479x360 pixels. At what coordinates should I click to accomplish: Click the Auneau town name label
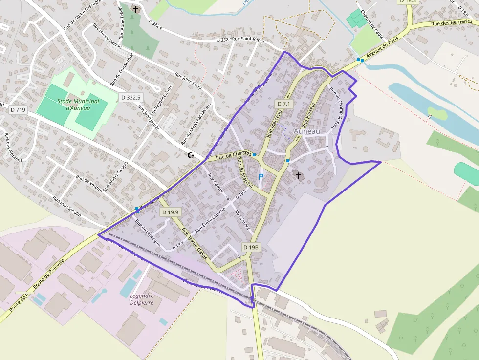click(x=306, y=131)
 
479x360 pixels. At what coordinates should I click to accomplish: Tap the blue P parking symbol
click(x=261, y=176)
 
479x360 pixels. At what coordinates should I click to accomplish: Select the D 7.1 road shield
click(x=283, y=104)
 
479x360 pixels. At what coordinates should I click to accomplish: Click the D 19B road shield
click(x=250, y=247)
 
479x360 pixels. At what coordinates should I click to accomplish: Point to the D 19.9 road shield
click(x=171, y=212)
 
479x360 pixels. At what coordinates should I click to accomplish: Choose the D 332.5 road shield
click(x=130, y=97)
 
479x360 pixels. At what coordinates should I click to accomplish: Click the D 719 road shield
click(x=18, y=110)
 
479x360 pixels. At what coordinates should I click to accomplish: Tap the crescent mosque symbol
click(x=191, y=155)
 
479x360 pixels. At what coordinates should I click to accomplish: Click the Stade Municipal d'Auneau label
click(x=78, y=105)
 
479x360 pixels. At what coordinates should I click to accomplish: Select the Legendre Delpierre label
click(x=142, y=299)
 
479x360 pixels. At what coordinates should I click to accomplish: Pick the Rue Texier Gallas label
click(x=195, y=243)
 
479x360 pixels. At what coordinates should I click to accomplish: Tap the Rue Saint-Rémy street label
click(x=248, y=40)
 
